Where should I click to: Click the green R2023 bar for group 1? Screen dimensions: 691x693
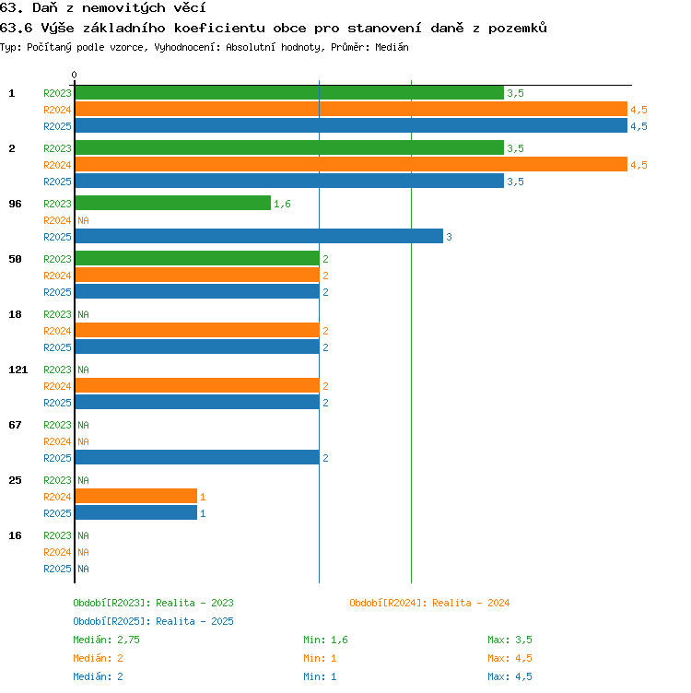[289, 93]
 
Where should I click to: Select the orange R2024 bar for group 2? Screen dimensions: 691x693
[351, 164]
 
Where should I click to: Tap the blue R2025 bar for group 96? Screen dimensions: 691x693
[259, 236]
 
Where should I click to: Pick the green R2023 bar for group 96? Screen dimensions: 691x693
[173, 203]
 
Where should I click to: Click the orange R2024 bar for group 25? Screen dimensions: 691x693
[136, 496]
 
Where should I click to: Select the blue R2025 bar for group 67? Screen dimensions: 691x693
[197, 457]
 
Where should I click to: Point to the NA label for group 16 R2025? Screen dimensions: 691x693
[83, 569]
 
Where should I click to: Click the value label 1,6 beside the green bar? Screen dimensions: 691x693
[282, 204]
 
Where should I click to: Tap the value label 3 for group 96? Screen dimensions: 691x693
[449, 237]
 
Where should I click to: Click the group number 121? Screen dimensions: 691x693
[18, 370]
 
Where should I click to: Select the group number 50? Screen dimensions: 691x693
[15, 259]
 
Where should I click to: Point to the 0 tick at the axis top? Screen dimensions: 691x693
[75, 75]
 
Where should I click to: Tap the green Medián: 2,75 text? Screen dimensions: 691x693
[106, 640]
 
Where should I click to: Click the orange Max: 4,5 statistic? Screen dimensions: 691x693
[509, 658]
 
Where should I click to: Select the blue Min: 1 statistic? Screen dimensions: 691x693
[320, 676]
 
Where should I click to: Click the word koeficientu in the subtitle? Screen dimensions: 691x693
[219, 29]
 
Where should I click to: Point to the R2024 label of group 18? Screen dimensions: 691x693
[57, 331]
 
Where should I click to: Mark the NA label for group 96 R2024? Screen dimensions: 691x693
[83, 220]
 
